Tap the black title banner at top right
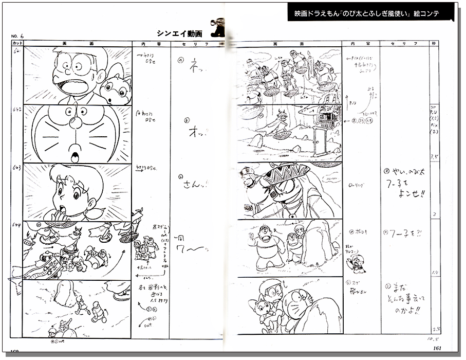[x=370, y=14]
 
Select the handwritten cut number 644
[x=18, y=225]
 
